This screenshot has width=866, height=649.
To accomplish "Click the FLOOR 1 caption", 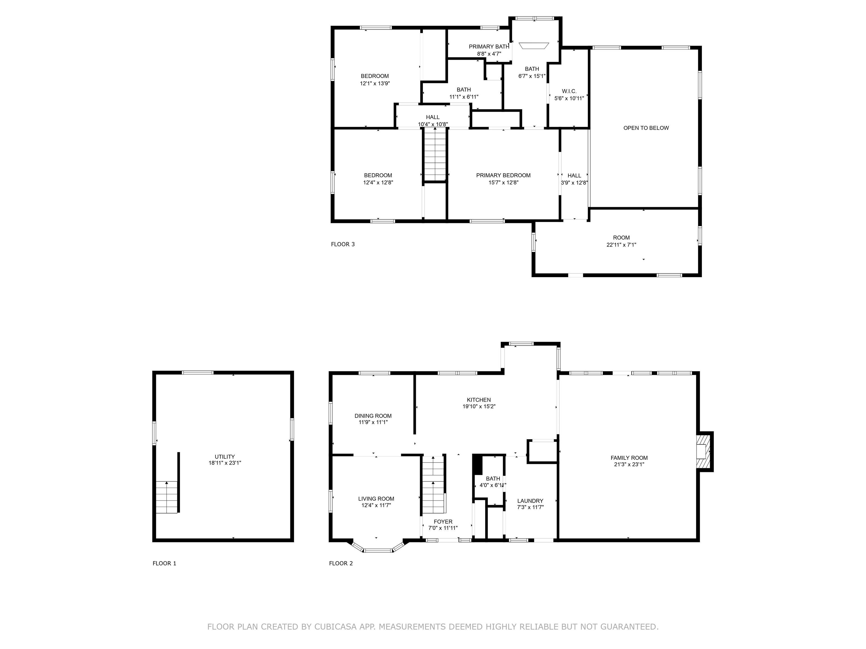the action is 164,563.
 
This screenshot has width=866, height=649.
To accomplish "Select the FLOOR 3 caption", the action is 343,244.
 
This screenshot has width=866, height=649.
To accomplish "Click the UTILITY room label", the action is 225,457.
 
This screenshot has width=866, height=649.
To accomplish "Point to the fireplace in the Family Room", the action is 704,452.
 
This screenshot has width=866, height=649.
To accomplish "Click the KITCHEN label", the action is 479,400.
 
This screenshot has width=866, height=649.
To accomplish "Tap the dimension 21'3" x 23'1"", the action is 629,464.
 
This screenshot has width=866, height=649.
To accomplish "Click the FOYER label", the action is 443,521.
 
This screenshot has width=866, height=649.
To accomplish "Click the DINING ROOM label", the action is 373,416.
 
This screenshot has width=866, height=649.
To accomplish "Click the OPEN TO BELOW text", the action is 646,128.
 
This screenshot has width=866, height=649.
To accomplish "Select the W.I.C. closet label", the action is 569,91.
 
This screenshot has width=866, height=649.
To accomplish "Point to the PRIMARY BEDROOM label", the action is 503,175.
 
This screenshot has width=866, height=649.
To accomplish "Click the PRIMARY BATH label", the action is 489,46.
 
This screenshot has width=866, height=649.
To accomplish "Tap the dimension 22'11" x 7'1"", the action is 621,245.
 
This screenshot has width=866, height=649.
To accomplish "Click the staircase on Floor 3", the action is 435,155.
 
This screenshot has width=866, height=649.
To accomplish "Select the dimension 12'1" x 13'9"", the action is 375,83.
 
